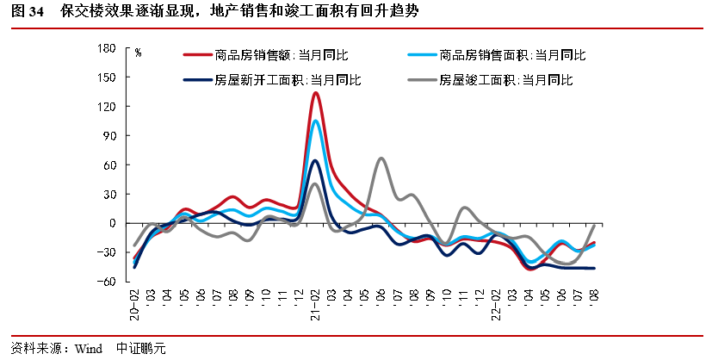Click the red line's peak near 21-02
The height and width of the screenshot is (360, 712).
(x=316, y=93)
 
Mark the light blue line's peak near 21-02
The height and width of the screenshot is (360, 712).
(x=316, y=121)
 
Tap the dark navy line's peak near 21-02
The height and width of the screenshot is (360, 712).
(x=315, y=160)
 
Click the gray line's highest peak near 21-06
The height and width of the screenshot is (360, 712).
(x=381, y=158)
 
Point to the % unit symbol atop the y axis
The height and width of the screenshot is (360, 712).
(x=138, y=53)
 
